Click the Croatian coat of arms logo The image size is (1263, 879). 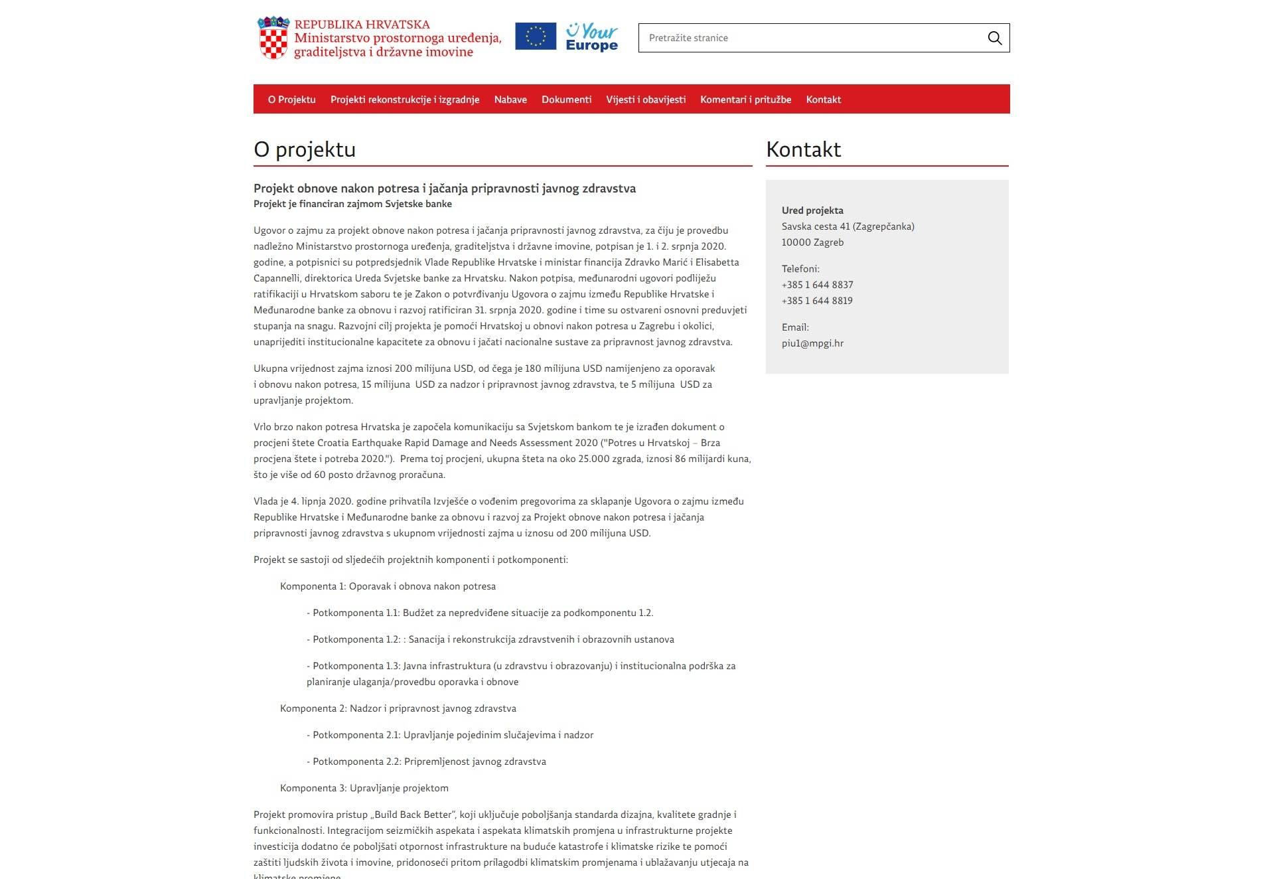(x=273, y=39)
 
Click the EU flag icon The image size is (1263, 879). (x=535, y=37)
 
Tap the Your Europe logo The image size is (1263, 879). (x=591, y=37)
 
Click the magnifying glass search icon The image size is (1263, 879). (x=994, y=38)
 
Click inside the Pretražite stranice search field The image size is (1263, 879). (x=810, y=38)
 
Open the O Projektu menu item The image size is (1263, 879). (x=291, y=100)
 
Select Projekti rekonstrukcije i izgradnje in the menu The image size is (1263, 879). (x=405, y=100)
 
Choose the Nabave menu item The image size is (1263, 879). (x=510, y=100)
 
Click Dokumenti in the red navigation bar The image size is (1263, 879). (x=566, y=100)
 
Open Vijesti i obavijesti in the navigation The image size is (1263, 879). (x=646, y=100)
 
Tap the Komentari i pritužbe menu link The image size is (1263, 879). (x=745, y=100)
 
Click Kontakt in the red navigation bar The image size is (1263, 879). (x=823, y=100)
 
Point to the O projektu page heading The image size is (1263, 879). (x=305, y=149)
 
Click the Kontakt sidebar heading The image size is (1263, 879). (x=803, y=149)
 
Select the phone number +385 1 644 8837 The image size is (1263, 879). (x=817, y=285)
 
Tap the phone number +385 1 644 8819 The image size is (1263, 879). (x=817, y=301)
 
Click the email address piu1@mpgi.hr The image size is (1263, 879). (x=812, y=343)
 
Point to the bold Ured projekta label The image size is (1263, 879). (x=812, y=210)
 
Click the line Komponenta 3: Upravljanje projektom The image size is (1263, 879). (x=364, y=788)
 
